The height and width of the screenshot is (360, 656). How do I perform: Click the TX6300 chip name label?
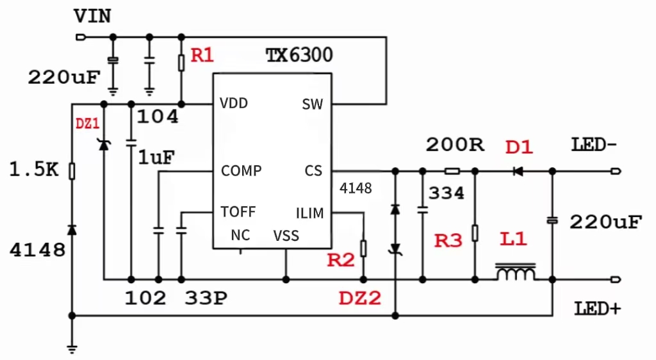[x=299, y=55]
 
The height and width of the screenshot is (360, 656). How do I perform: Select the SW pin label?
[x=312, y=104]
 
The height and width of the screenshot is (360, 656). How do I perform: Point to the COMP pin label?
[x=241, y=171]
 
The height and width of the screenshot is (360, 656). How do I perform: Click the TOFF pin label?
[x=238, y=212]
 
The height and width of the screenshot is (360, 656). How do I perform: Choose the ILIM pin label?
[x=309, y=213]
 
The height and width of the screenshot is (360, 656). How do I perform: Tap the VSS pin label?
[x=286, y=236]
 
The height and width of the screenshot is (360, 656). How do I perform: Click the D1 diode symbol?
[x=517, y=171]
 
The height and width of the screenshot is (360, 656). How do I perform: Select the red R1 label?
[x=202, y=56]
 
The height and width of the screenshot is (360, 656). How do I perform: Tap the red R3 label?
[x=448, y=241]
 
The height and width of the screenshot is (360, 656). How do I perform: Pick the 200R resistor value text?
[x=455, y=145]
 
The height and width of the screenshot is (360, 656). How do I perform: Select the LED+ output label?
[x=598, y=309]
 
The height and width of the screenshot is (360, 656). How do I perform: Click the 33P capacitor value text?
[x=206, y=299]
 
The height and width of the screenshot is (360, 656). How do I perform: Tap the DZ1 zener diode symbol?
[x=104, y=145]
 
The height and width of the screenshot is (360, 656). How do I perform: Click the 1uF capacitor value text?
[x=157, y=158]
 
